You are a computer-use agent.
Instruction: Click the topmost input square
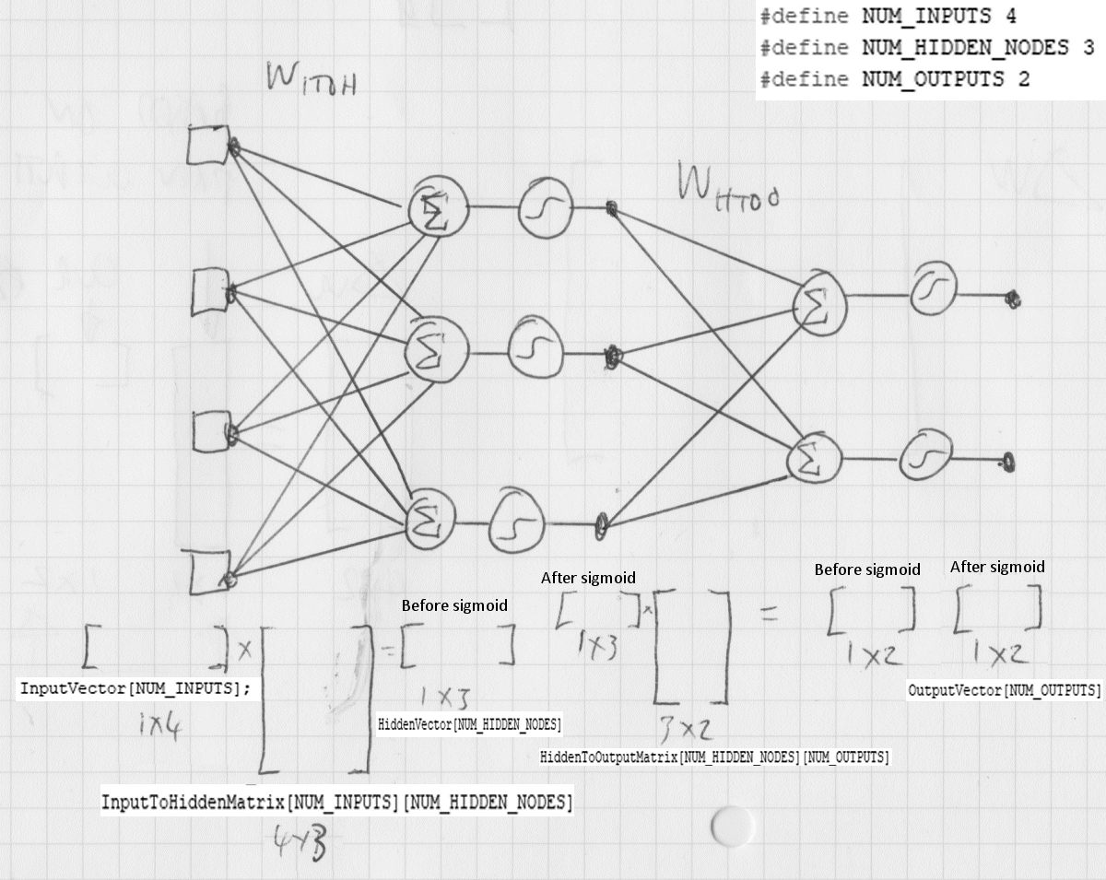click(206, 146)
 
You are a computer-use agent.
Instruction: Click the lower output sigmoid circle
click(924, 453)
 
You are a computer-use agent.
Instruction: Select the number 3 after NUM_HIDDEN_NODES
click(1088, 48)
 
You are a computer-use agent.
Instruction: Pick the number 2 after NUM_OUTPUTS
click(1024, 79)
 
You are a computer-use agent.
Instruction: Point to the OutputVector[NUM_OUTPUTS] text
click(1004, 690)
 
